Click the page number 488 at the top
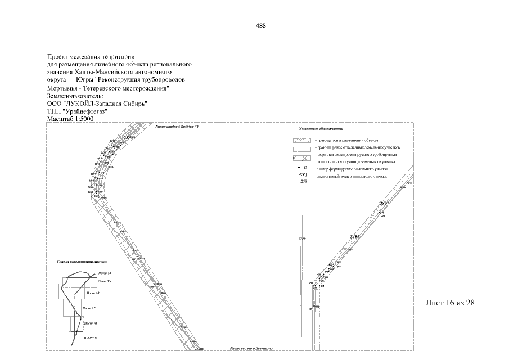click(260, 25)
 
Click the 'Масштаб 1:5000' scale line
click(71, 119)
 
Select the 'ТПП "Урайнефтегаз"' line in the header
click(78, 111)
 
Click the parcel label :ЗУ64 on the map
click(130, 137)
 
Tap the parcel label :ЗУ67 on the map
click(384, 202)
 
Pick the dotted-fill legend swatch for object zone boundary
click(302, 140)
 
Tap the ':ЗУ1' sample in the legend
click(304, 175)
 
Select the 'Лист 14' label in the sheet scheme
click(105, 273)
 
